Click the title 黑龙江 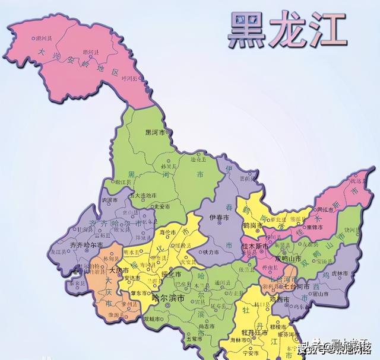(287, 29)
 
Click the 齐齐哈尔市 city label (86, 244)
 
